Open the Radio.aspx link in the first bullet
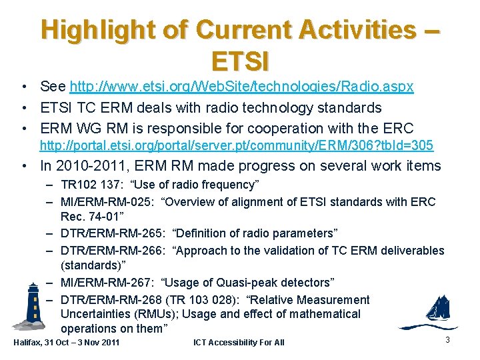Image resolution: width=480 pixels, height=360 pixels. point(242,87)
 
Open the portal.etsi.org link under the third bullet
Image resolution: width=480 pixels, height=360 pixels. point(237,145)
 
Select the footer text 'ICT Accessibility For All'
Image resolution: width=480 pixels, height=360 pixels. point(239,343)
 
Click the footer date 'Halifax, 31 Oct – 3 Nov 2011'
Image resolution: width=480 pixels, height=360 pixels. point(67,343)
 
